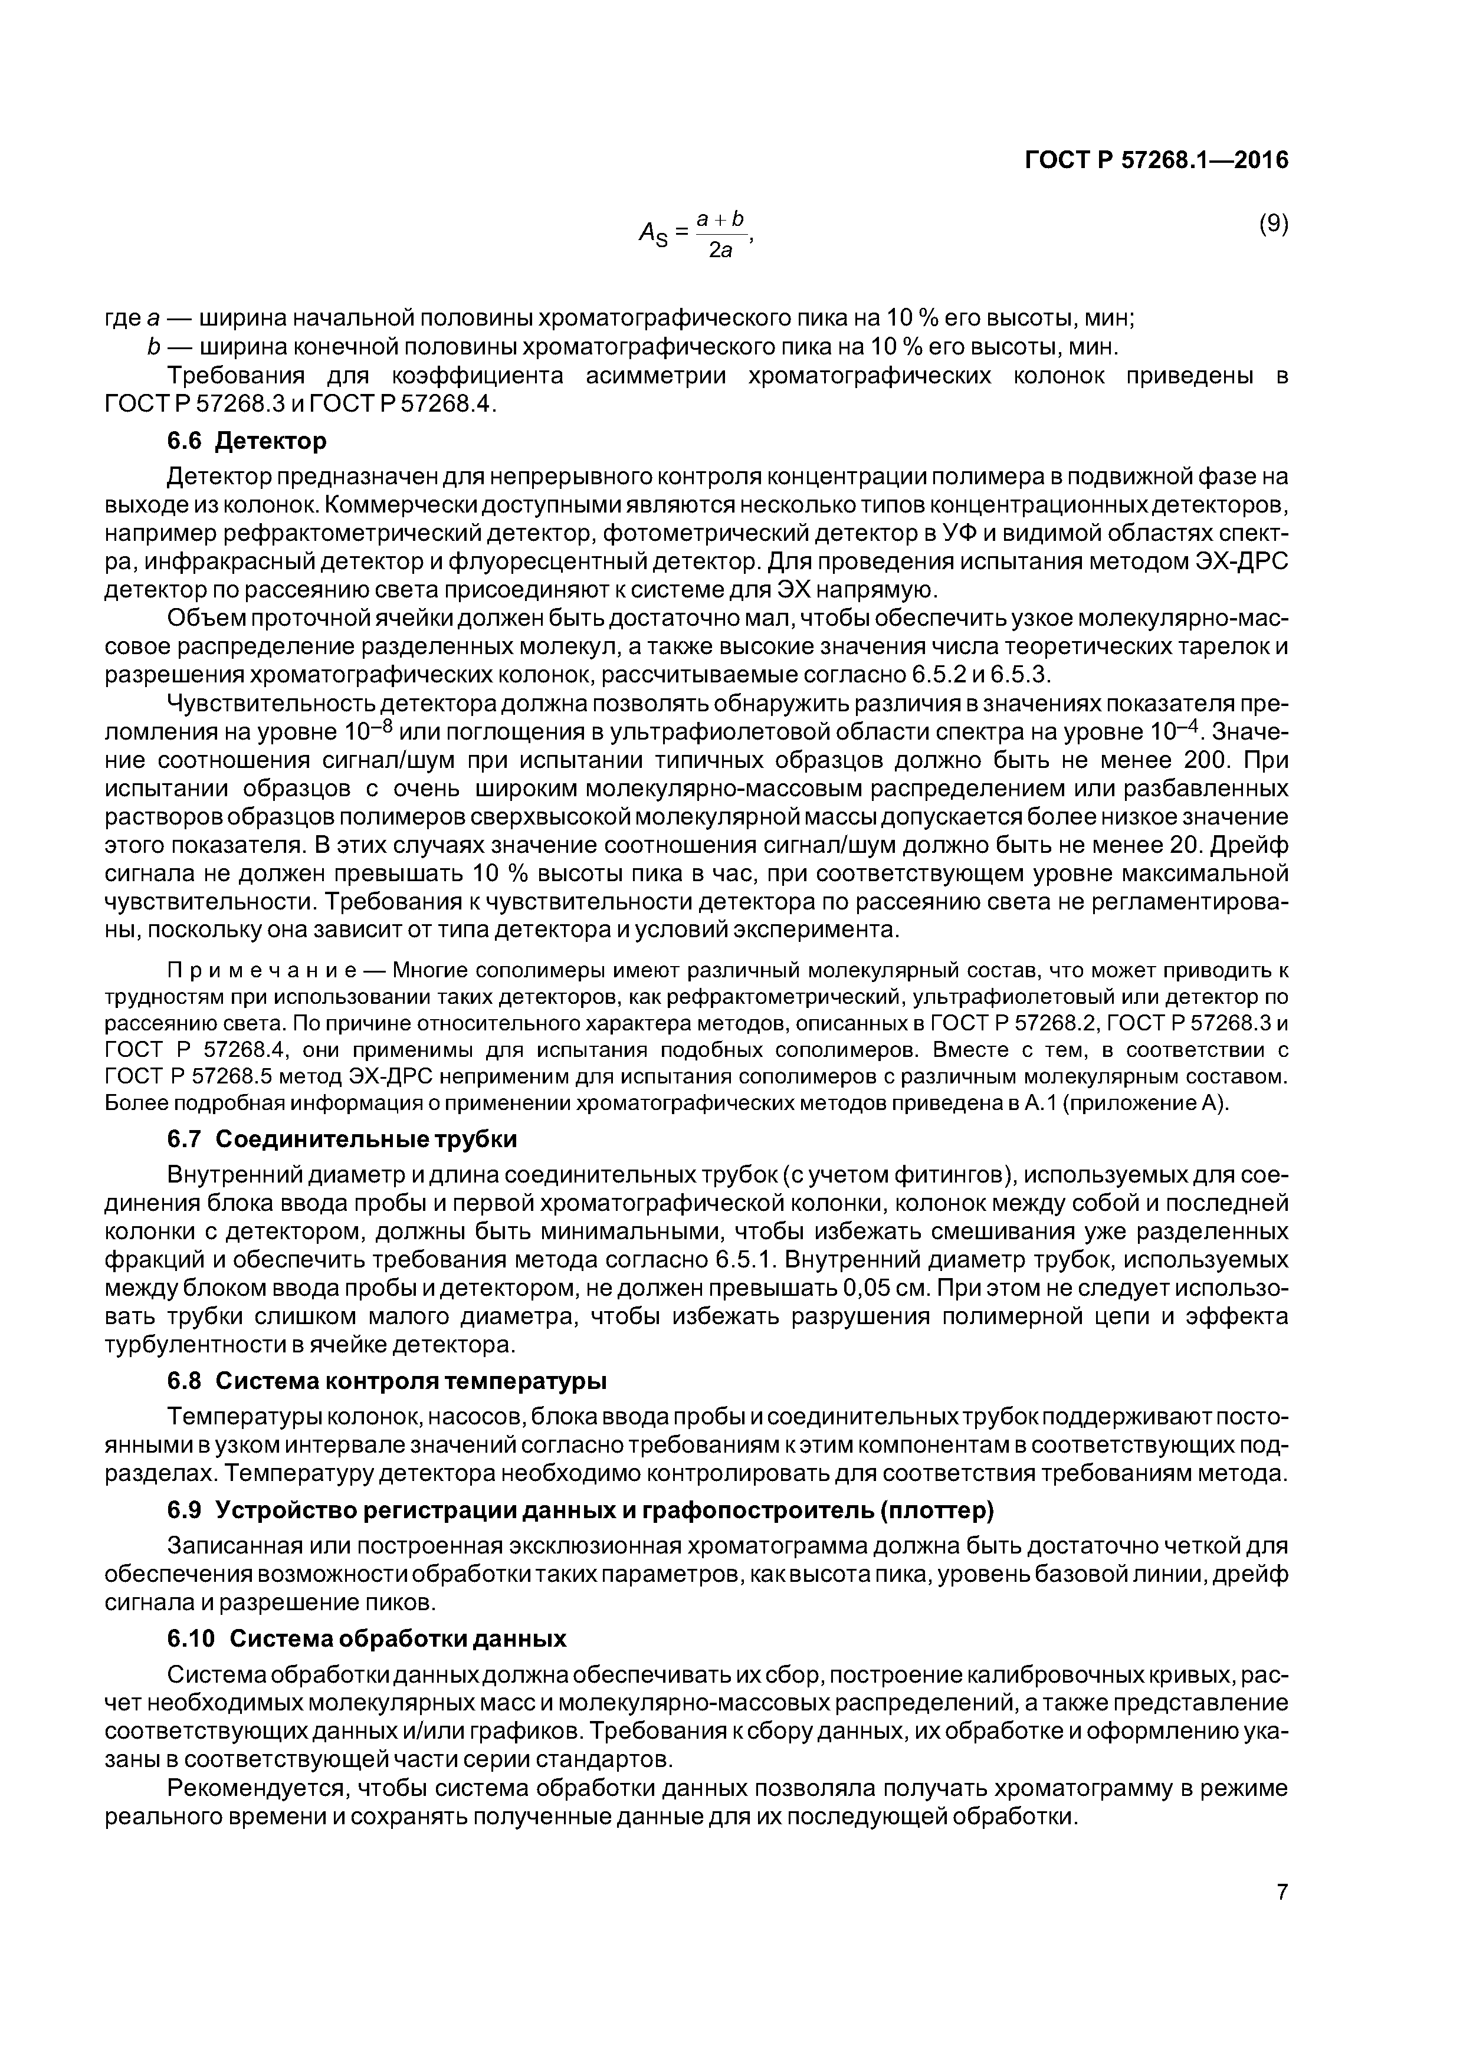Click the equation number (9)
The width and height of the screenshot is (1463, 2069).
pyautogui.click(x=1273, y=224)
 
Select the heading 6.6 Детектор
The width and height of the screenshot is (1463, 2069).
pyautogui.click(x=247, y=441)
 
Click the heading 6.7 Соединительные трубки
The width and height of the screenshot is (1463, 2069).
pyautogui.click(x=343, y=1139)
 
